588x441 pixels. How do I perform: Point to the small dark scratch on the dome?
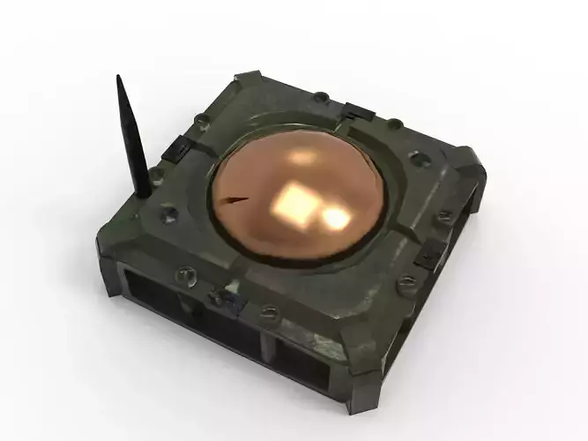click(x=233, y=199)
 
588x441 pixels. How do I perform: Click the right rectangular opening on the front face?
click(x=301, y=361)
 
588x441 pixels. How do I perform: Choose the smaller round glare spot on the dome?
click(x=335, y=216)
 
